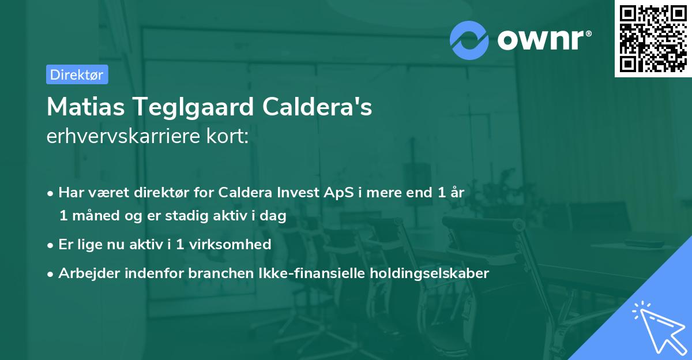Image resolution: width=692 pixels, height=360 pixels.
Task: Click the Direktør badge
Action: [x=77, y=74]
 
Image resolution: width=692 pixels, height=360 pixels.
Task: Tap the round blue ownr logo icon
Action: [x=469, y=40]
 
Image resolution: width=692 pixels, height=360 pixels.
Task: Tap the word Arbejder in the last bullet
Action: [x=84, y=273]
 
